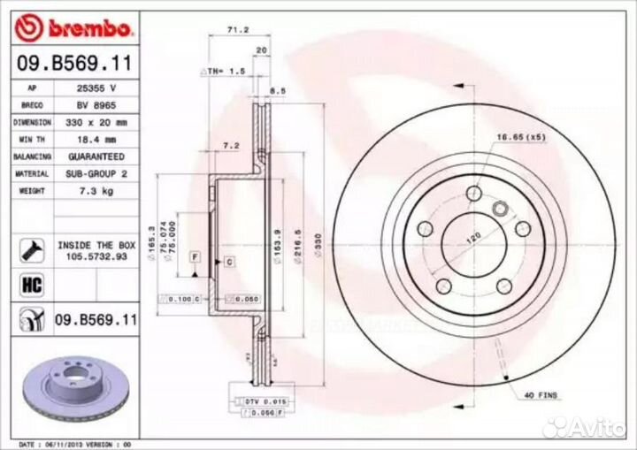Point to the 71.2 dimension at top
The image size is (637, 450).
pos(237,29)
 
